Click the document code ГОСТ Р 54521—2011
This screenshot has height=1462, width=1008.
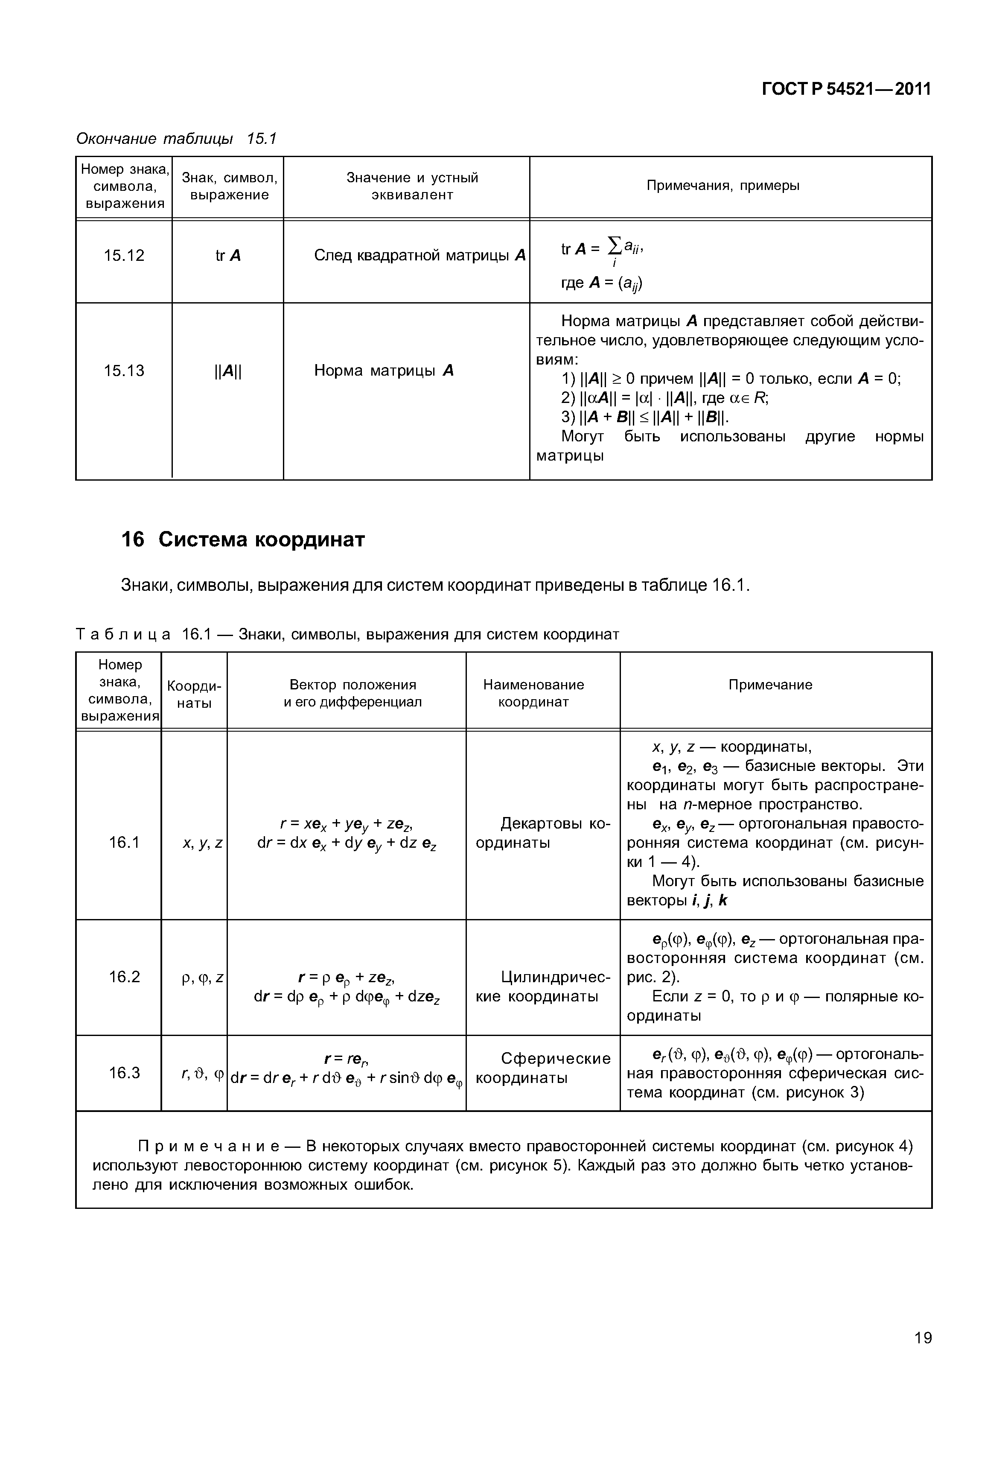[x=846, y=90]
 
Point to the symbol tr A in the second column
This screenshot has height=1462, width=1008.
[x=228, y=256]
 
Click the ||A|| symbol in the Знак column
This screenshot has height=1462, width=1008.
[x=228, y=371]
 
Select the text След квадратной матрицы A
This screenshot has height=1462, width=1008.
[x=420, y=256]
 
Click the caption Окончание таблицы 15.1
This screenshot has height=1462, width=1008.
[x=176, y=138]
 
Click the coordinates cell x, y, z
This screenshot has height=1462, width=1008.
[x=202, y=843]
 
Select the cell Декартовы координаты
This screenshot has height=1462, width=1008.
[x=543, y=833]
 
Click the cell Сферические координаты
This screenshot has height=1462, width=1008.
[x=543, y=1068]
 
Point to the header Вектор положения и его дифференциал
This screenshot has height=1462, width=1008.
[x=353, y=693]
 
